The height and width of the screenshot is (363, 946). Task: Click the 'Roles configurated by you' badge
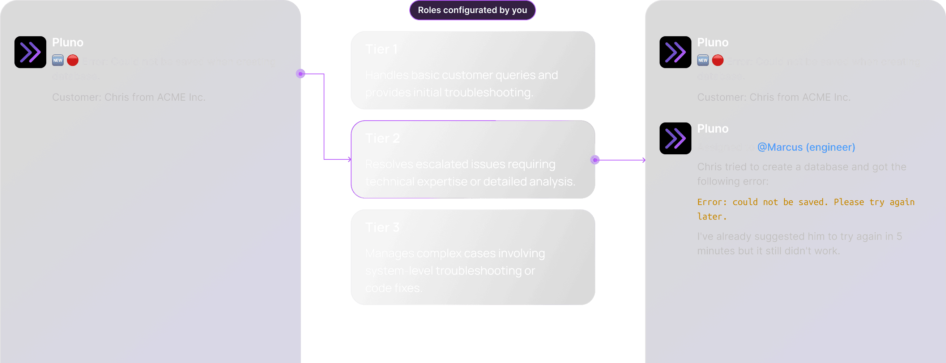(x=472, y=10)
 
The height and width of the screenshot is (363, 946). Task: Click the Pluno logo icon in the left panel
(x=30, y=52)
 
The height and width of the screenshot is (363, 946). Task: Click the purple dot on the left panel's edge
(x=301, y=74)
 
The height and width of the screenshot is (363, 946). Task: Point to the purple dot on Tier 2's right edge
(x=595, y=160)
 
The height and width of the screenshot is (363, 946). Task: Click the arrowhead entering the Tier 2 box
(x=349, y=159)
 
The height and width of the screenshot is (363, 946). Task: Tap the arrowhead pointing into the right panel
(x=643, y=160)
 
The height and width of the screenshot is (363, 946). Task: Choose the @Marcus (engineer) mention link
(x=806, y=147)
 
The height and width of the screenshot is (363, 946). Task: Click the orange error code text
(x=806, y=209)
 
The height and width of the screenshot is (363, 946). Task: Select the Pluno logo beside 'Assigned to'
(x=675, y=138)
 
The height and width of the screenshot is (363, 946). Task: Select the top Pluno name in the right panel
(x=712, y=42)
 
